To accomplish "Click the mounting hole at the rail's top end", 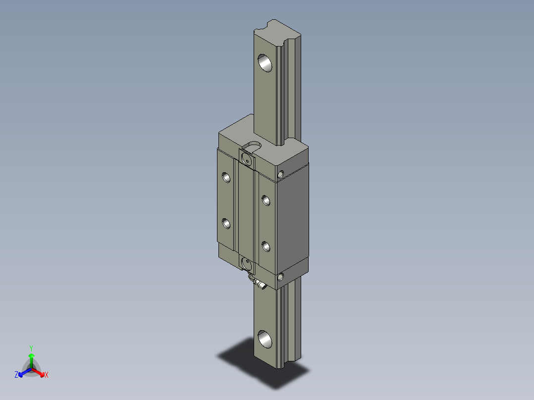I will [x=266, y=63].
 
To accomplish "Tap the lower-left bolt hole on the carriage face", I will [x=226, y=224].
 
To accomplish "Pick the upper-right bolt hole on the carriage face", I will [x=266, y=200].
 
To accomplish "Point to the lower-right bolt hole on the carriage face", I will [x=266, y=246].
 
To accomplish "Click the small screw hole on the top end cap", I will [x=281, y=174].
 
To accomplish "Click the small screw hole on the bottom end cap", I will [x=281, y=277].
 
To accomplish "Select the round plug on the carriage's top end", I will [x=246, y=158].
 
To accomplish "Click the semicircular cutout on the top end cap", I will [x=255, y=145].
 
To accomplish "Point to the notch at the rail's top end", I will [x=274, y=24].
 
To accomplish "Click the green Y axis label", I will [x=31, y=348].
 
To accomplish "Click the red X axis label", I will [x=47, y=375].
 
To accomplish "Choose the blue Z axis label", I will [x=16, y=375].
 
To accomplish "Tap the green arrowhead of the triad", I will [x=31, y=356].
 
